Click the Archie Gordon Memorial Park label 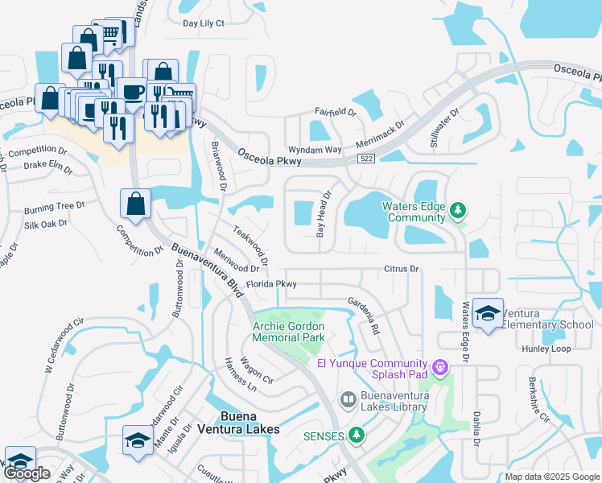[x=288, y=332]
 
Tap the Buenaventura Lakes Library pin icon [x=348, y=398]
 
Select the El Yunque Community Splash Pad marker [x=439, y=368]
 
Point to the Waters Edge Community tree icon [x=458, y=211]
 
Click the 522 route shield [x=366, y=159]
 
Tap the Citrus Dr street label [x=402, y=269]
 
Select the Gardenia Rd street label [x=364, y=315]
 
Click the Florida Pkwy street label [x=271, y=284]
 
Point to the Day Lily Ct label [x=204, y=23]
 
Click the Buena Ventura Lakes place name [x=249, y=423]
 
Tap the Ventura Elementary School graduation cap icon [x=487, y=312]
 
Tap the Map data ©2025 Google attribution [x=551, y=477]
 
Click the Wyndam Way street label [x=315, y=150]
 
